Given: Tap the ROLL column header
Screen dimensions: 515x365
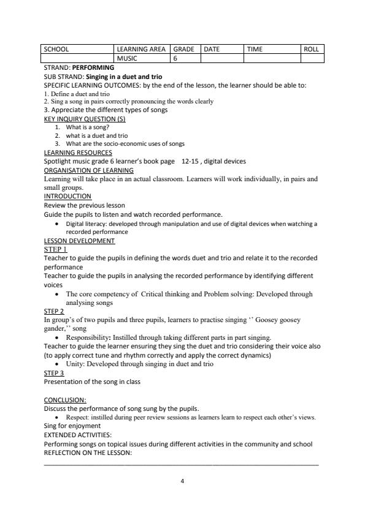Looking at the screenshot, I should pos(311,49).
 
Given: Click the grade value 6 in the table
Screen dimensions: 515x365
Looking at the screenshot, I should pos(175,58).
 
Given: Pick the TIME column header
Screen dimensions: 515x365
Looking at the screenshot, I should pos(255,49).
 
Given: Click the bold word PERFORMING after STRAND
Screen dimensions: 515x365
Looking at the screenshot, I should pos(93,67).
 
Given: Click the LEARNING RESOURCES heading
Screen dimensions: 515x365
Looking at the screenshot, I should pos(78,152).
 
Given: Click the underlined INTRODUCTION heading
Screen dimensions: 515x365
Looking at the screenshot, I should pos(67,197).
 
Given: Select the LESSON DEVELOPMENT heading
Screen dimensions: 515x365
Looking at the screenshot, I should pos(79,241).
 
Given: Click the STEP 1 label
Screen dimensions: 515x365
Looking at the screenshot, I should pos(55,249).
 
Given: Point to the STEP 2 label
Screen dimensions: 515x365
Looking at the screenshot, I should pos(54,311).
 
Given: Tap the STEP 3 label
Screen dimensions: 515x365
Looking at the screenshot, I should pos(54,373).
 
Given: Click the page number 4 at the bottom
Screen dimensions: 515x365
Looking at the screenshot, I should pos(182,481).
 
